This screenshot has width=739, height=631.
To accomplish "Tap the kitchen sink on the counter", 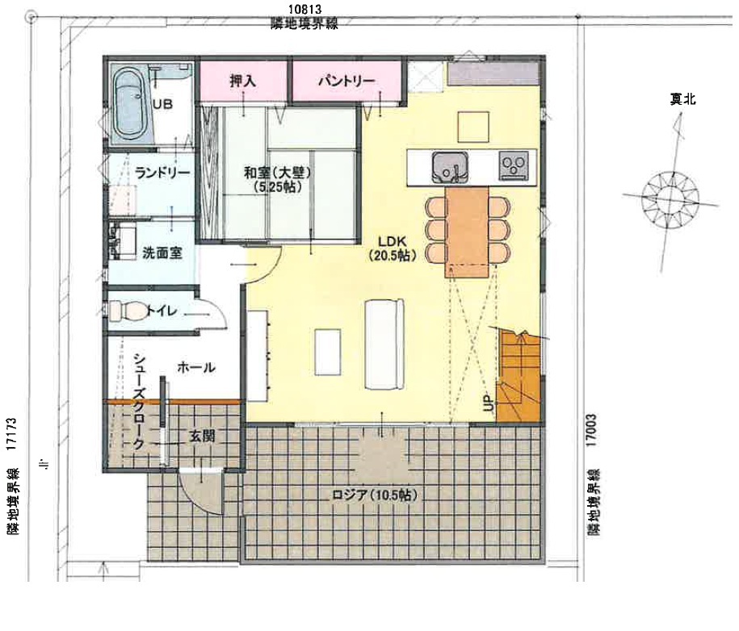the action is click(x=450, y=167).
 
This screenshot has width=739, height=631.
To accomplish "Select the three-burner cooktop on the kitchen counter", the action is click(x=514, y=165).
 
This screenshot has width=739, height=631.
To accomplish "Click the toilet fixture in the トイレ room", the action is click(x=128, y=311).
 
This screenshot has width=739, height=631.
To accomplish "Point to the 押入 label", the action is click(x=243, y=81).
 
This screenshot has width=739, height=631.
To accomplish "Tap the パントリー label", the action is click(x=346, y=81).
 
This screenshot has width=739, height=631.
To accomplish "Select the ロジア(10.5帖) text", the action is click(x=375, y=495).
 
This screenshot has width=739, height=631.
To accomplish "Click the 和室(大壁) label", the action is click(x=278, y=173).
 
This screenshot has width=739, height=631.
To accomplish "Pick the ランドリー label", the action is click(x=162, y=173).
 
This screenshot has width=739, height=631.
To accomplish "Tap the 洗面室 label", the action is click(x=162, y=253).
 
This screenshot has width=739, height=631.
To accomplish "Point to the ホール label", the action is click(x=196, y=367).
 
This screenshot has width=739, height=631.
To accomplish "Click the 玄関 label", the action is click(x=202, y=436).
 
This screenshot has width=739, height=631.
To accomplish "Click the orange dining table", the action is click(x=467, y=232).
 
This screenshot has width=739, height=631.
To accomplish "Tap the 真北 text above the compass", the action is click(x=683, y=99).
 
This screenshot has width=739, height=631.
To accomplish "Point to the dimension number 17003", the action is click(x=592, y=430).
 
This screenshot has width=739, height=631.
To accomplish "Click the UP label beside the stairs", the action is click(x=489, y=403).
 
